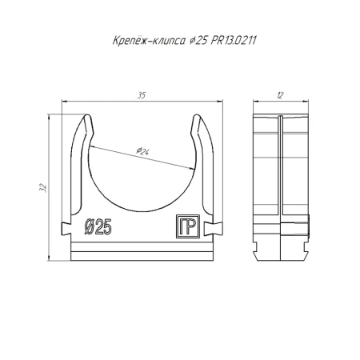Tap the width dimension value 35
[x=141, y=96]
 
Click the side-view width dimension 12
[x=280, y=96]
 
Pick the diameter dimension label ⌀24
[x=144, y=152]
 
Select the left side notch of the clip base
[x=66, y=228]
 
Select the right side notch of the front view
[x=216, y=228]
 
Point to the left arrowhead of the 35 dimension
[x=65, y=102]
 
